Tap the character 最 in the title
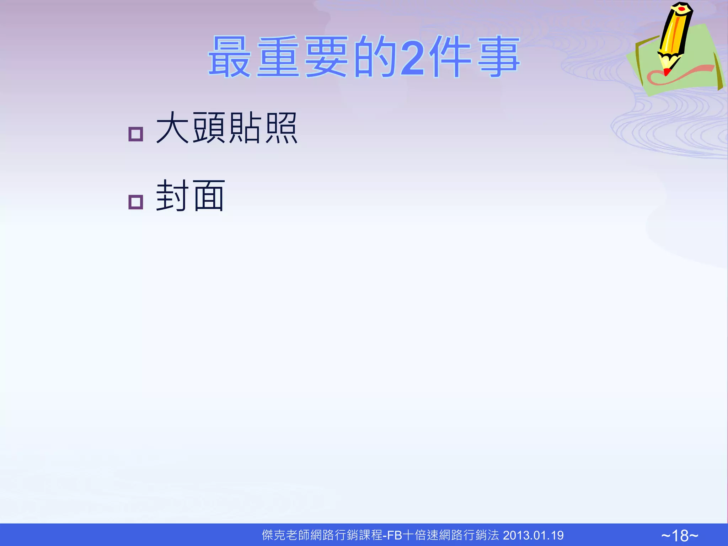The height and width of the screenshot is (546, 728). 230,57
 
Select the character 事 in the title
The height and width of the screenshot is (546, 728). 498,57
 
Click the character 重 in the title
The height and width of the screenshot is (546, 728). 278,57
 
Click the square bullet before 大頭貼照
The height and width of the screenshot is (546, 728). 135,134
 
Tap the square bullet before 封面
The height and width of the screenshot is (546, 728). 135,202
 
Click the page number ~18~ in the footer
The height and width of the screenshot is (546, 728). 680,535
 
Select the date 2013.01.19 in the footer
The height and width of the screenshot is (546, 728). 533,535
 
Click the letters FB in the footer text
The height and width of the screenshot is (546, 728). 394,535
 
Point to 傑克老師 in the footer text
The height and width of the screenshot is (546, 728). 285,535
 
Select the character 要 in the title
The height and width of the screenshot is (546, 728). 326,57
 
